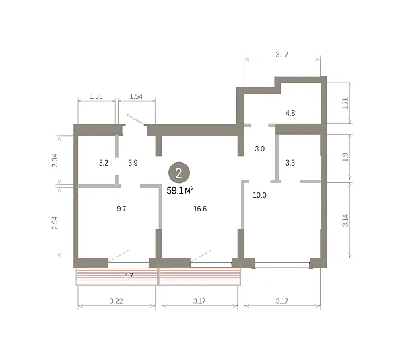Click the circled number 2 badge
coord(179,173)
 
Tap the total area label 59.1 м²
coord(180,190)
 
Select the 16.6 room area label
coord(200,209)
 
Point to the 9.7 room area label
coord(121,209)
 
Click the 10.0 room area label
coord(259,195)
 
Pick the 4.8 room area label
coord(290,113)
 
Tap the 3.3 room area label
coord(290,163)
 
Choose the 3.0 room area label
coord(259,149)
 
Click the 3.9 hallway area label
coord(133,163)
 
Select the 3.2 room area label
coord(103,163)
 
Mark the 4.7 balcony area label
coord(129,276)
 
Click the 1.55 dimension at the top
coord(96,96)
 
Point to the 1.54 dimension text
coord(136,96)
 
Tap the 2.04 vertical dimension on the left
coord(55,160)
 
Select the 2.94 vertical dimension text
coord(55,223)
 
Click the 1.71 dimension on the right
coord(345,103)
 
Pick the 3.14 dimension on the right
coord(345,221)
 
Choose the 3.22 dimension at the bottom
coord(116,301)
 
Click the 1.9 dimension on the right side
coord(345,157)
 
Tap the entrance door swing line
coord(136,120)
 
